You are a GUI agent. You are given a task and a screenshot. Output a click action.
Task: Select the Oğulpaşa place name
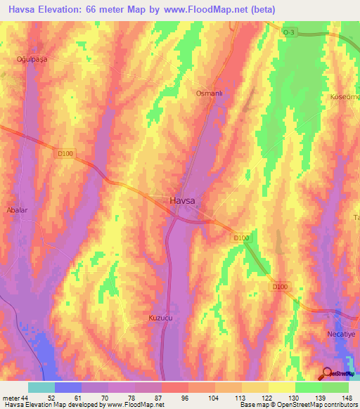pos(31,60)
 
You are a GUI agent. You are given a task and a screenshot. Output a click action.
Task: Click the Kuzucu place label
pos(160,318)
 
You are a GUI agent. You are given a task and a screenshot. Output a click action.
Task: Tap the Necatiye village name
pos(341,334)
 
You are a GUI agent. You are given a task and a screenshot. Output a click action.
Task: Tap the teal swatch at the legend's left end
pos(41,387)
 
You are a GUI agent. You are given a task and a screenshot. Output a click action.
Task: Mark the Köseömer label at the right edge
pos(345,96)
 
